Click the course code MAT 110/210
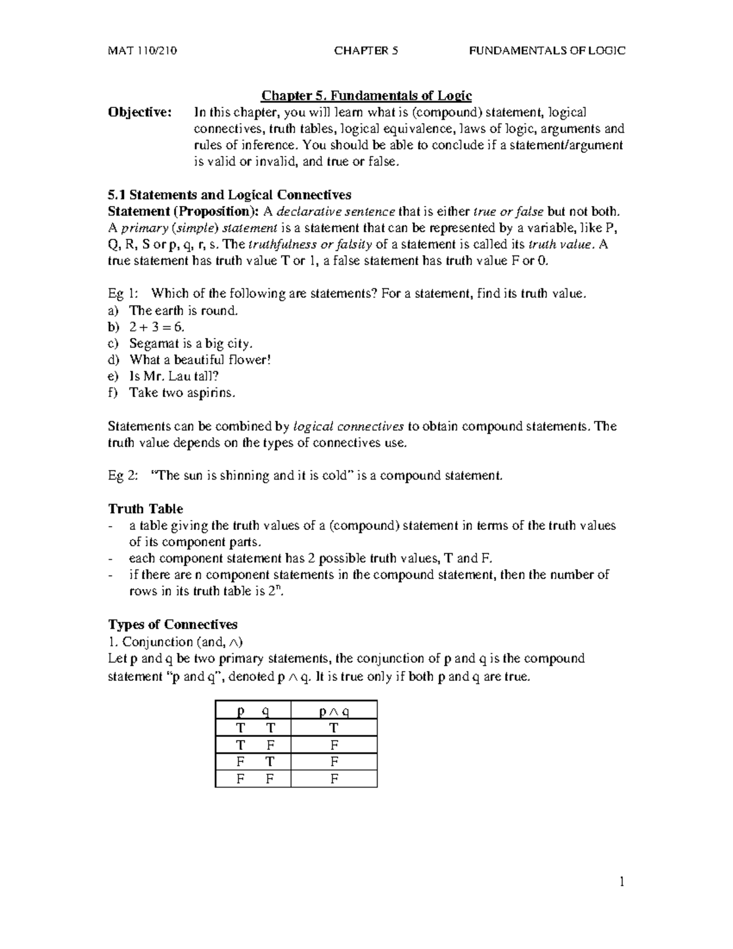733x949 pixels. [x=142, y=51]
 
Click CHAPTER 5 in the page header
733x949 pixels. [x=366, y=51]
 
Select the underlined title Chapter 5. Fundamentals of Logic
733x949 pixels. [x=366, y=96]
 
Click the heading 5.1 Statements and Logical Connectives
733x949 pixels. [x=229, y=195]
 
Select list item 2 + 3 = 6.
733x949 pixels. [x=157, y=327]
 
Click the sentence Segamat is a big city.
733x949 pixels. [x=191, y=343]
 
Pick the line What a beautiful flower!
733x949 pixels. [x=200, y=360]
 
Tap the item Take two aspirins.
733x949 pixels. [x=182, y=393]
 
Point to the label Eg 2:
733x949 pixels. [x=123, y=475]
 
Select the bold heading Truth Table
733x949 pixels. [x=145, y=509]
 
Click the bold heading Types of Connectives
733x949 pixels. [x=173, y=625]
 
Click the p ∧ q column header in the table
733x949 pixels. [x=334, y=711]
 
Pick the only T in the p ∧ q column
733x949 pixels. [x=334, y=728]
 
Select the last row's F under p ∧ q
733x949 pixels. [x=334, y=779]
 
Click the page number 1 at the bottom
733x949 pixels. [x=622, y=882]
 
